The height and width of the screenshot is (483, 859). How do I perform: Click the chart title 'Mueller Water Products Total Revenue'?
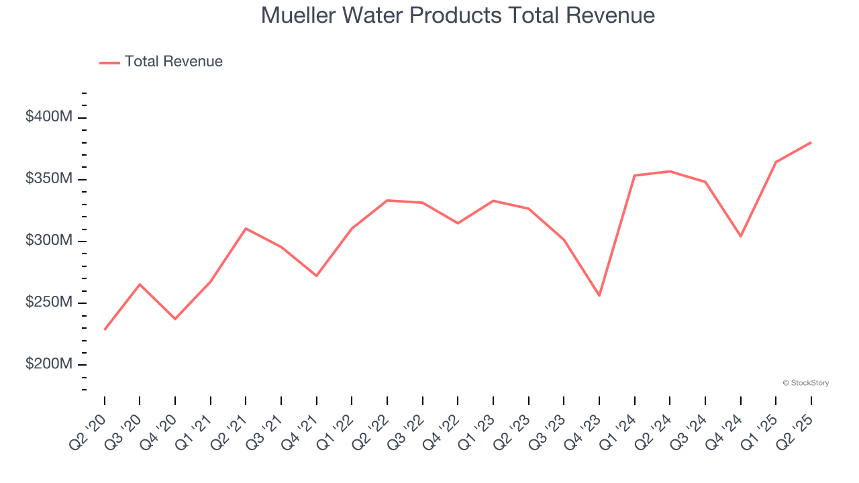click(458, 15)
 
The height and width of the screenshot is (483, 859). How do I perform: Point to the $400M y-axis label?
click(48, 117)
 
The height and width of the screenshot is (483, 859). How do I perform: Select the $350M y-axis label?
click(48, 179)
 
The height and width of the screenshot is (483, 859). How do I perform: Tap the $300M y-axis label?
click(48, 241)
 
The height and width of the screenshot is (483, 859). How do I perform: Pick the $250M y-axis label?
click(48, 303)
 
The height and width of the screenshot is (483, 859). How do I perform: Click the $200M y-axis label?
click(48, 364)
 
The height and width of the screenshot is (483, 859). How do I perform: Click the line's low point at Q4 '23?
click(599, 296)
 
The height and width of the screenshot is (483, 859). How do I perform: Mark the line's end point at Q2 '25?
click(811, 142)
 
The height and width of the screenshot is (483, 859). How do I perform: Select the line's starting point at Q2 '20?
click(105, 329)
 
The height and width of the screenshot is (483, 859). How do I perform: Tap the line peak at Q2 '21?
click(246, 228)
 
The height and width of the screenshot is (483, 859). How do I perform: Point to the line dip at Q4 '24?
click(740, 236)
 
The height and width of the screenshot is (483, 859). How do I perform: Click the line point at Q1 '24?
click(634, 176)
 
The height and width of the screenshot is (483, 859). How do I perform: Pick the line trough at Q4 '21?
click(316, 276)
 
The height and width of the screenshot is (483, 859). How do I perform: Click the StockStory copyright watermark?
click(805, 383)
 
